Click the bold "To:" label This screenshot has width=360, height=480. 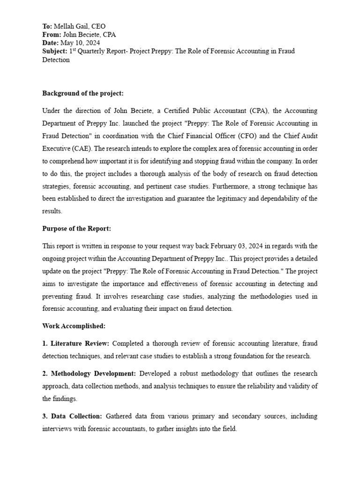click(47, 26)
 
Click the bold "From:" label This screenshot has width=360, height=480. click(52, 35)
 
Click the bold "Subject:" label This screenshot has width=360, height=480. click(55, 52)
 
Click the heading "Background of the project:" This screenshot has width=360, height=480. click(83, 93)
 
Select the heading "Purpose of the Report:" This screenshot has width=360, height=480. click(77, 229)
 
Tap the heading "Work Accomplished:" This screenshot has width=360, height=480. click(74, 326)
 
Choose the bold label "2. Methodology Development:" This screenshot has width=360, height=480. click(89, 374)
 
